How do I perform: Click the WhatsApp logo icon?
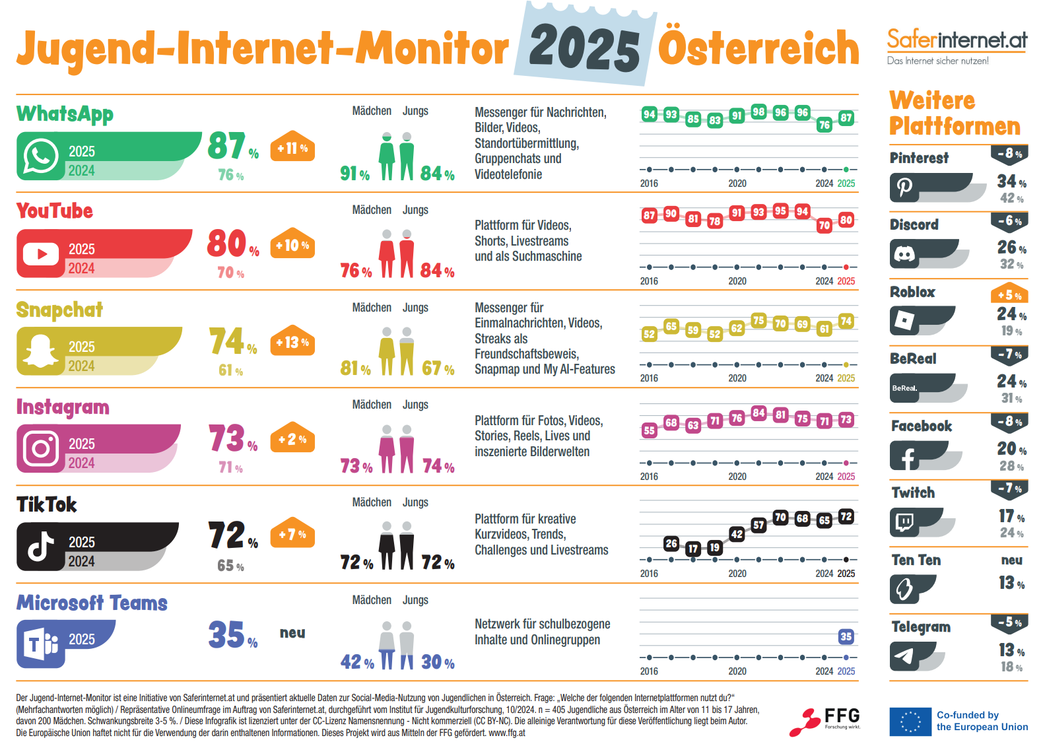tap(41, 156)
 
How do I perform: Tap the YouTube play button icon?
tap(41, 254)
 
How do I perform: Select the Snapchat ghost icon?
tap(41, 351)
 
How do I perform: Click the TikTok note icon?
tap(41, 547)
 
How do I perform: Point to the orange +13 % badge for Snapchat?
tap(292, 342)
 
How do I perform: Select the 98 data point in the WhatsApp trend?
tap(758, 112)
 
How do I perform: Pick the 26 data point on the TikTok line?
tap(671, 543)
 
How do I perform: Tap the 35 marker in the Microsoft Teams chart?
tap(846, 636)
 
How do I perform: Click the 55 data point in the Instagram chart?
tap(650, 430)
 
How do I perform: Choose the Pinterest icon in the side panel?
tap(904, 188)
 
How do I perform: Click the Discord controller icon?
tap(904, 254)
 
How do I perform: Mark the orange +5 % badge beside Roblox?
tap(1009, 294)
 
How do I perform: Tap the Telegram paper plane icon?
tap(904, 656)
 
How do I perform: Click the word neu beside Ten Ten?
tap(1011, 560)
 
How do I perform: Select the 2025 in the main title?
tap(584, 48)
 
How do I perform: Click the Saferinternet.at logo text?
tap(957, 40)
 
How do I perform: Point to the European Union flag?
tap(910, 722)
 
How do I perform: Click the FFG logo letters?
tap(842, 716)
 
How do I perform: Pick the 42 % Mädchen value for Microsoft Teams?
tap(356, 661)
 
